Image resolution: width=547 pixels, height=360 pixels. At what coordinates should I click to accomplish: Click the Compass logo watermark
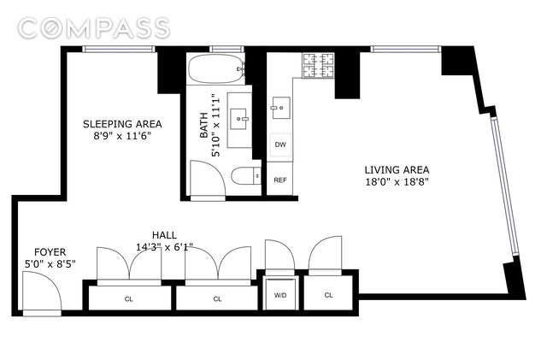tap(94, 28)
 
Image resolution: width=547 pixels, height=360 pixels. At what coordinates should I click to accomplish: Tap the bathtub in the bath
tap(215, 68)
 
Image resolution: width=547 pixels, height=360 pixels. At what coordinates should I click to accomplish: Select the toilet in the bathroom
tap(246, 175)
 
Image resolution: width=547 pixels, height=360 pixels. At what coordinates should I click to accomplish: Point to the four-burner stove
tap(318, 65)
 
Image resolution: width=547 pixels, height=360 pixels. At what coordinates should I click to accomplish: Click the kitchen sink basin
tap(281, 108)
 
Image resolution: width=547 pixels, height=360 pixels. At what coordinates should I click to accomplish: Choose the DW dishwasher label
tap(280, 145)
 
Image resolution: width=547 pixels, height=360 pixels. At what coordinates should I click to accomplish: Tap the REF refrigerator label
tap(280, 180)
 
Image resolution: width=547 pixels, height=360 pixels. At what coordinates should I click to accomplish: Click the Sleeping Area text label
tap(122, 124)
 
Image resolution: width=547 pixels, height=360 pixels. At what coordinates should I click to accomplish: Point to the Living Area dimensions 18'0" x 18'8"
tap(397, 182)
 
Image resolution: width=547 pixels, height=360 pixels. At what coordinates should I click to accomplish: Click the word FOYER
tap(50, 252)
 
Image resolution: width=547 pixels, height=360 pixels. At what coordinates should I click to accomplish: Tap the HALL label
tap(164, 235)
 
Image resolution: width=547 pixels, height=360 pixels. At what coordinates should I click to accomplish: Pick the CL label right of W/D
tap(328, 295)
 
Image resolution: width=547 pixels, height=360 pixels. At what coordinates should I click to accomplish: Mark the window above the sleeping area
tap(120, 50)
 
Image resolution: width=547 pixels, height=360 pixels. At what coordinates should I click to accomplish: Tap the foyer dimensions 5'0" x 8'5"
tap(50, 264)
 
